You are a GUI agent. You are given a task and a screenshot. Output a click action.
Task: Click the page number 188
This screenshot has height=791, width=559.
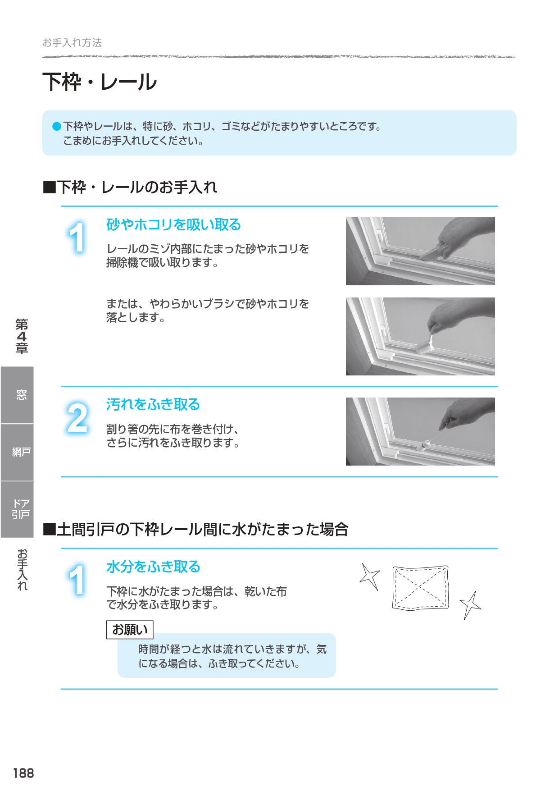(x=23, y=773)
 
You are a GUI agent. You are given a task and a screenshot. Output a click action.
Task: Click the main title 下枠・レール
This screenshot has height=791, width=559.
(x=100, y=82)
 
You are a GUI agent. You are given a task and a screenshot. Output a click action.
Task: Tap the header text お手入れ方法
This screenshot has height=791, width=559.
(x=72, y=43)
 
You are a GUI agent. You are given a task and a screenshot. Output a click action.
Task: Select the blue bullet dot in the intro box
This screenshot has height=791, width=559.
(x=57, y=126)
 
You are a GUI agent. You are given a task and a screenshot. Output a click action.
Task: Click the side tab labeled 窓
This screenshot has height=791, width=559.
(x=17, y=395)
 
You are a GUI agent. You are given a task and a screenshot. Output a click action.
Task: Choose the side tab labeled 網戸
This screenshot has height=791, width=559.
(x=17, y=452)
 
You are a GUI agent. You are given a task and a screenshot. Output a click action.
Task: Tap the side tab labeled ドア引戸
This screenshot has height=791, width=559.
(x=17, y=509)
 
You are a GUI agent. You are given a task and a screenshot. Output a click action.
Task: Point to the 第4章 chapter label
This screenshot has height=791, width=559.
(x=22, y=336)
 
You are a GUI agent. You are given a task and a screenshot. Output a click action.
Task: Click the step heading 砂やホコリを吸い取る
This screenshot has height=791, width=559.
(x=173, y=224)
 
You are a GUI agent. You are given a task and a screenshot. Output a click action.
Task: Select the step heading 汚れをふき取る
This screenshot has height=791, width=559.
(x=153, y=404)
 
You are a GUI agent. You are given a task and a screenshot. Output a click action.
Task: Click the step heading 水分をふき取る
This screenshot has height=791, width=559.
(x=153, y=567)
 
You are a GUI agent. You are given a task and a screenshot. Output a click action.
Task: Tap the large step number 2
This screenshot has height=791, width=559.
(x=77, y=418)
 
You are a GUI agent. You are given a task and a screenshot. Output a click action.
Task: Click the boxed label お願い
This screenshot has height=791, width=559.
(x=130, y=630)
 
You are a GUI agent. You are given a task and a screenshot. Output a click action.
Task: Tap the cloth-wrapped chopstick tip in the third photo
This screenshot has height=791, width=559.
(x=424, y=446)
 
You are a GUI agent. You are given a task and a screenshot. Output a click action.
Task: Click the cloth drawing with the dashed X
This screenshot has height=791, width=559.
(x=421, y=587)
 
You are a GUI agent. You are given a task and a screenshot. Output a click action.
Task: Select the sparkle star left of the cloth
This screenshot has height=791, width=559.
(x=370, y=576)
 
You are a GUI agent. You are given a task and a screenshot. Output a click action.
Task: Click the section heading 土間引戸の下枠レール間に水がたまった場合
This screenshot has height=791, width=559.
(x=195, y=529)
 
